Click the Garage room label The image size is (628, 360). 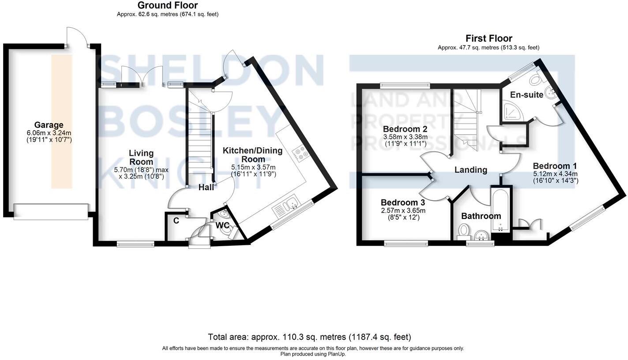(49, 125)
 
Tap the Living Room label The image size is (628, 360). (141, 157)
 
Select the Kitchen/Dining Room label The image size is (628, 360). (252, 155)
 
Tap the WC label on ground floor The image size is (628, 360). (222, 225)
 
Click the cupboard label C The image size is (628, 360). (176, 221)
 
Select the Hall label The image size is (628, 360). (206, 187)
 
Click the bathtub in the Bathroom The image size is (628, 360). (501, 209)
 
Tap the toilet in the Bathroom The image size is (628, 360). (463, 231)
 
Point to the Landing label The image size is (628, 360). (471, 170)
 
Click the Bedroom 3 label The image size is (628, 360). (403, 202)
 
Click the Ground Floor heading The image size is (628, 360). (168, 5)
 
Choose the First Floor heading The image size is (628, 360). (489, 38)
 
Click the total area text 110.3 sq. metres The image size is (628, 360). (309, 337)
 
